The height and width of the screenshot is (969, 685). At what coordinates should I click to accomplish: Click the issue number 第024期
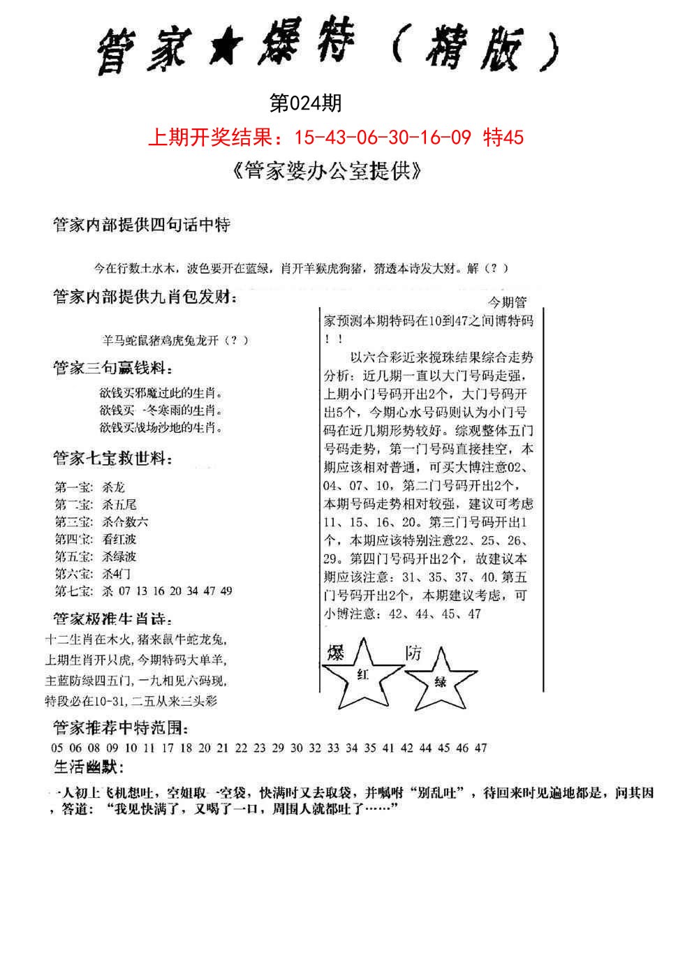point(305,104)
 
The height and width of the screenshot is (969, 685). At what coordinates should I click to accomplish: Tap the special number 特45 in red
point(503,138)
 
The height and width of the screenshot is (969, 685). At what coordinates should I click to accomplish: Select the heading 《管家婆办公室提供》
point(325,171)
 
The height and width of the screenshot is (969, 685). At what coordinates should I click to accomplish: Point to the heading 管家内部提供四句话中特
point(142,225)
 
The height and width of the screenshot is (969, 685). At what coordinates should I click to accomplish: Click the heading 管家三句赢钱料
point(111,368)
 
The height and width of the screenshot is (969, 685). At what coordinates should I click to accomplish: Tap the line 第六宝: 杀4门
point(92,574)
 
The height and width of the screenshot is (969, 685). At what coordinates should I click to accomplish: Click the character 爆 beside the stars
point(336,653)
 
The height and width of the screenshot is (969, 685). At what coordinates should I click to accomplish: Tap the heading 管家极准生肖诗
point(112,619)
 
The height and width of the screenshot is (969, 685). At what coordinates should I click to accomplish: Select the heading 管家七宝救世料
point(112,459)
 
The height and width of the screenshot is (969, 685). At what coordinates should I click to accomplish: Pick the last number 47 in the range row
point(480,748)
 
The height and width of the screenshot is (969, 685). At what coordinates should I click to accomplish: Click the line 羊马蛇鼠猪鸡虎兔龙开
point(175,341)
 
